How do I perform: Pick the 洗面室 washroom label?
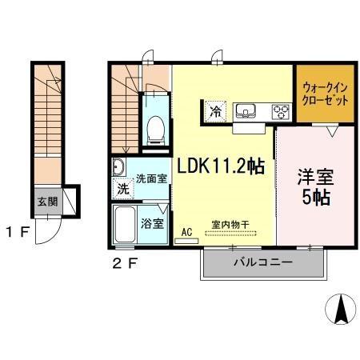150,178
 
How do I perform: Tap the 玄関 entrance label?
44,201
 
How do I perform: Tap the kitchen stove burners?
281,111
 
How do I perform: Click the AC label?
186,232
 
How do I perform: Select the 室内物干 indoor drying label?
232,224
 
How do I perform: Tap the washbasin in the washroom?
119,168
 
